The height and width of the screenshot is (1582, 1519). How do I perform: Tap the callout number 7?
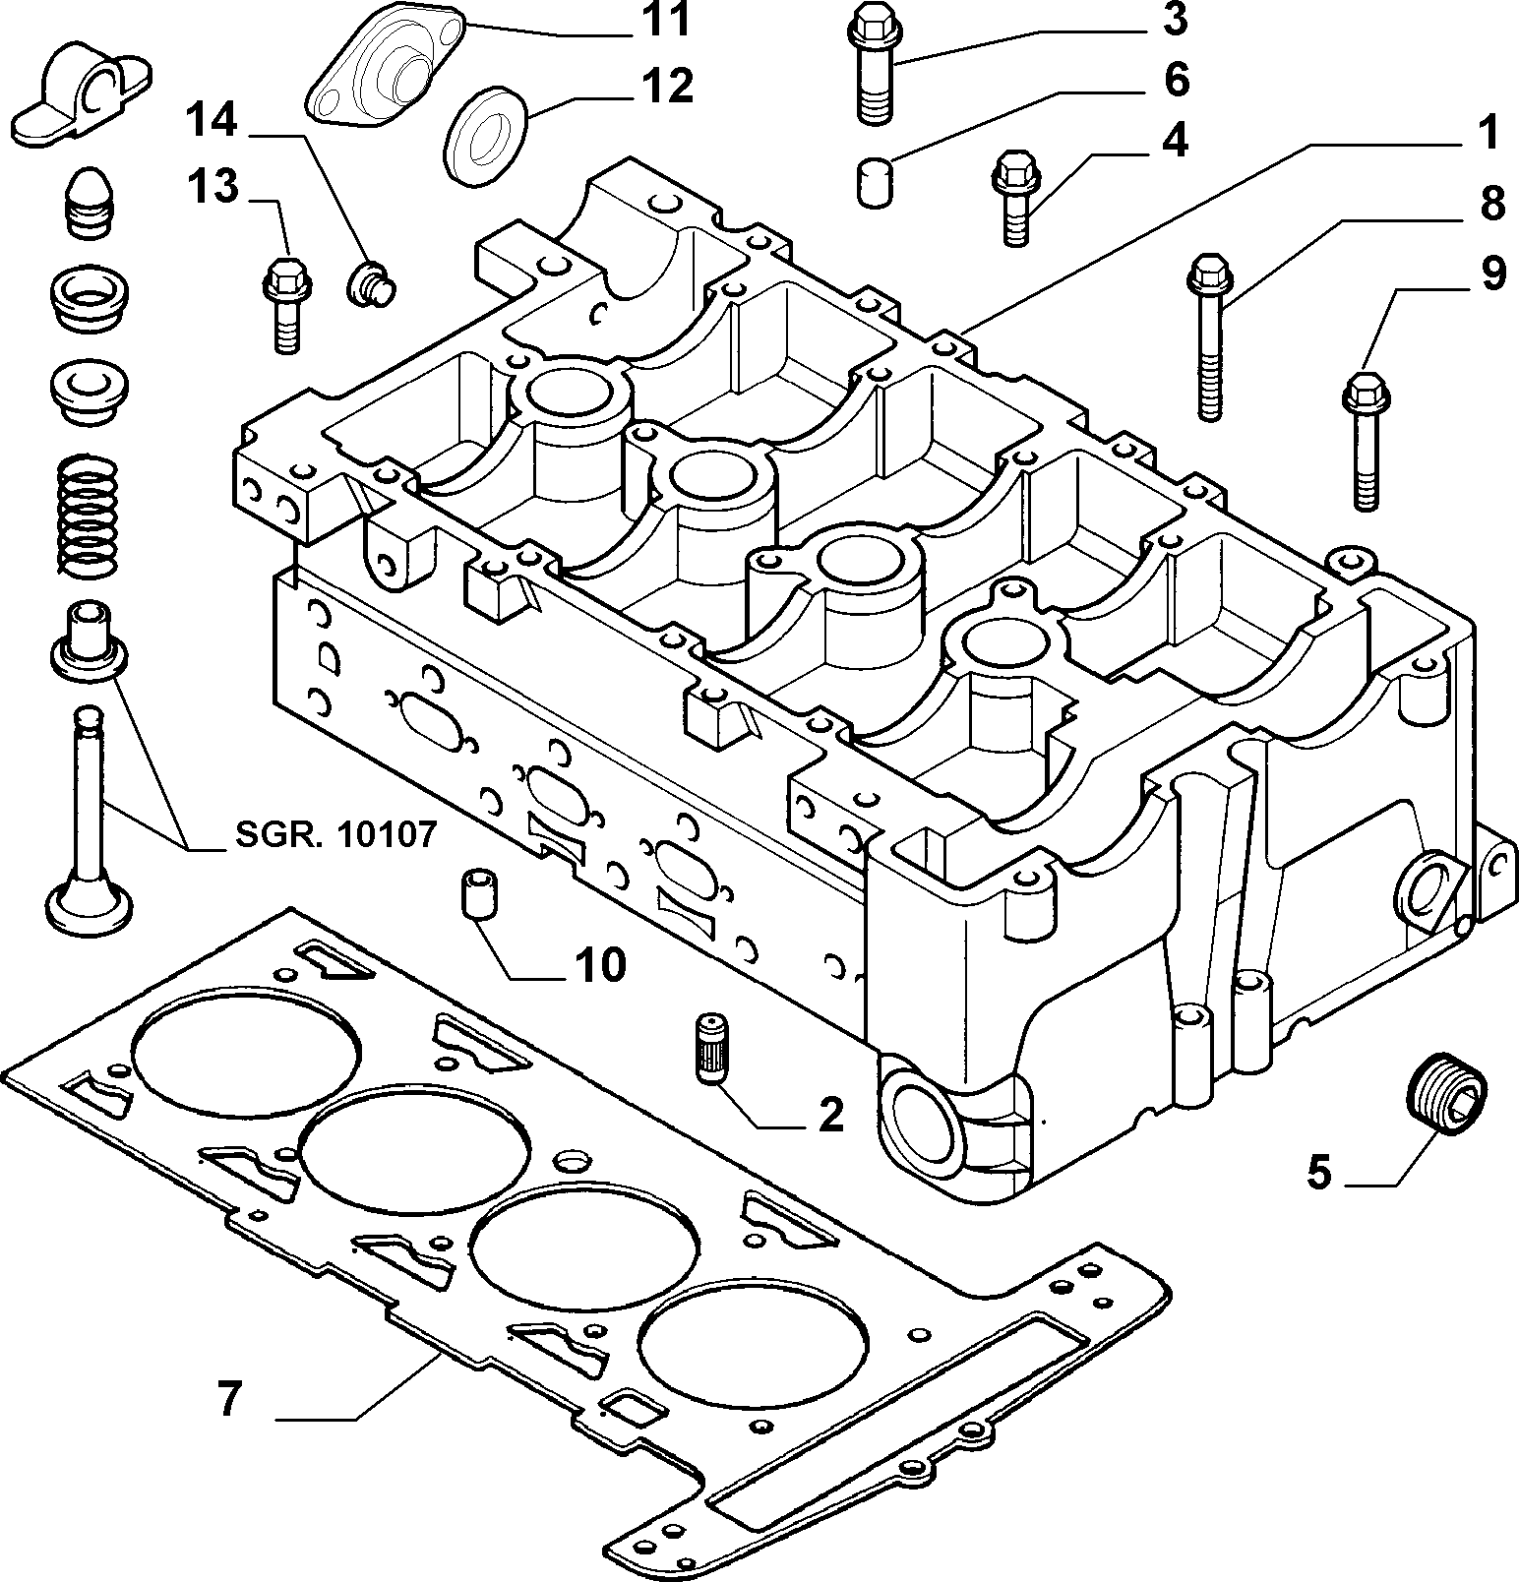tap(229, 1400)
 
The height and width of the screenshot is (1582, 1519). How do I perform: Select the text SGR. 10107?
tap(335, 835)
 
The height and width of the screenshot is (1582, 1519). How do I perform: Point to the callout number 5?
tap(1318, 1172)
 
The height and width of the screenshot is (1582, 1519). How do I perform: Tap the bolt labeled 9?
tap(1364, 439)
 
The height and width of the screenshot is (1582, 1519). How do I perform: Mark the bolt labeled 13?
tap(286, 304)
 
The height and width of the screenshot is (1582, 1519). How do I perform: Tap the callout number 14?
tap(213, 120)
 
